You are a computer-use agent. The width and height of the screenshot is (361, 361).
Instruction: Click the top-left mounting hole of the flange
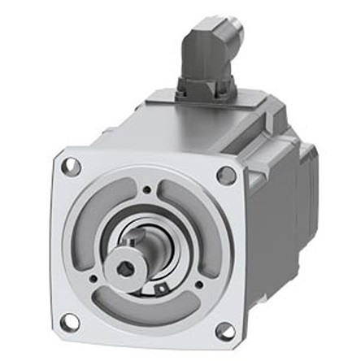click(x=72, y=167)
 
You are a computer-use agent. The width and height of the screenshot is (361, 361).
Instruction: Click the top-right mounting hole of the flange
click(x=227, y=174)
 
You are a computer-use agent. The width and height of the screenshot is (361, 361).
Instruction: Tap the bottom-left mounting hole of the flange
click(x=71, y=321)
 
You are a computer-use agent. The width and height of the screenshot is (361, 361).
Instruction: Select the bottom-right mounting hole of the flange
click(x=224, y=330)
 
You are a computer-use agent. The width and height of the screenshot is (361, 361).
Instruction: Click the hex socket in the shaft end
click(x=125, y=269)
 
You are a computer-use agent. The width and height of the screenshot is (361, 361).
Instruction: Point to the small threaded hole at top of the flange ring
click(x=146, y=190)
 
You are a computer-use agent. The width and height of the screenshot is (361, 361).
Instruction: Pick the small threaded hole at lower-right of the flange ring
click(x=197, y=285)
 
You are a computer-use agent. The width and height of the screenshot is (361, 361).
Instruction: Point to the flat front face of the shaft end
click(x=128, y=267)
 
